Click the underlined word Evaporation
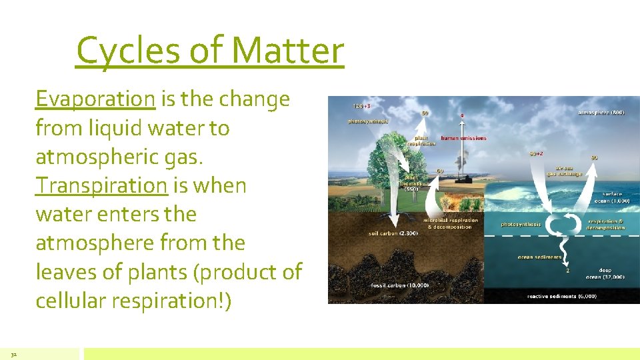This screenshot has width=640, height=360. (95, 99)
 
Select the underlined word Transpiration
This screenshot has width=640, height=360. (101, 185)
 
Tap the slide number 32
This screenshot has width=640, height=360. (14, 354)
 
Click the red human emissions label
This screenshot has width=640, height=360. (463, 138)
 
